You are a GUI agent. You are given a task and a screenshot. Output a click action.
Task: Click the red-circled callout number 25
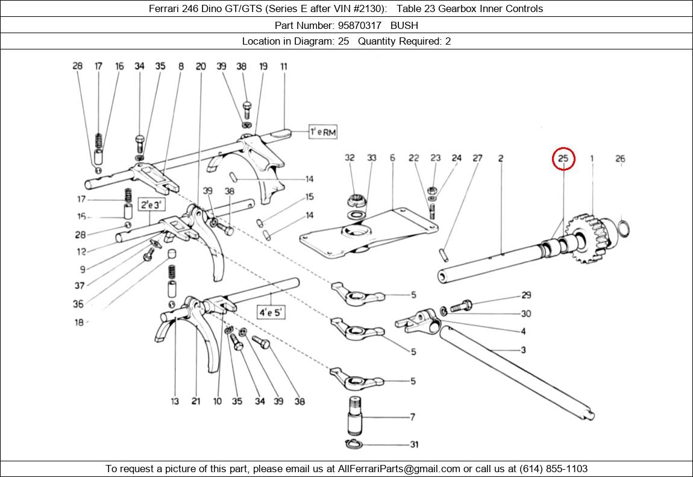563,159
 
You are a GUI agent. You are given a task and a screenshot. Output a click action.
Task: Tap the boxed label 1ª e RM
323,132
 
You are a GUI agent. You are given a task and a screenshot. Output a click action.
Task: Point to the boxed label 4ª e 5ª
271,312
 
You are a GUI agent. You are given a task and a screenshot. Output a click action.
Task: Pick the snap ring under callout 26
625,229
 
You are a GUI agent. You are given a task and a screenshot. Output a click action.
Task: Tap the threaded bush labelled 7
357,415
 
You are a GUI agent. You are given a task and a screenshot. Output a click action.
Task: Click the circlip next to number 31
356,445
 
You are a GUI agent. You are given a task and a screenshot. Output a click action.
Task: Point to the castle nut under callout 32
356,198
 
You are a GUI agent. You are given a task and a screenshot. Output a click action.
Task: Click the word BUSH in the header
404,25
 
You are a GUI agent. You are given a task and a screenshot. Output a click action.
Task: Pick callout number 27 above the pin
477,159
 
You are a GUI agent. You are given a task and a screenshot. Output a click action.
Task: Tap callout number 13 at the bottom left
175,401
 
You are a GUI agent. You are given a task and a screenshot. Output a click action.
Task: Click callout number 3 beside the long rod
523,350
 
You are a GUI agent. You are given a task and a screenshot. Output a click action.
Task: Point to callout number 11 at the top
284,66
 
